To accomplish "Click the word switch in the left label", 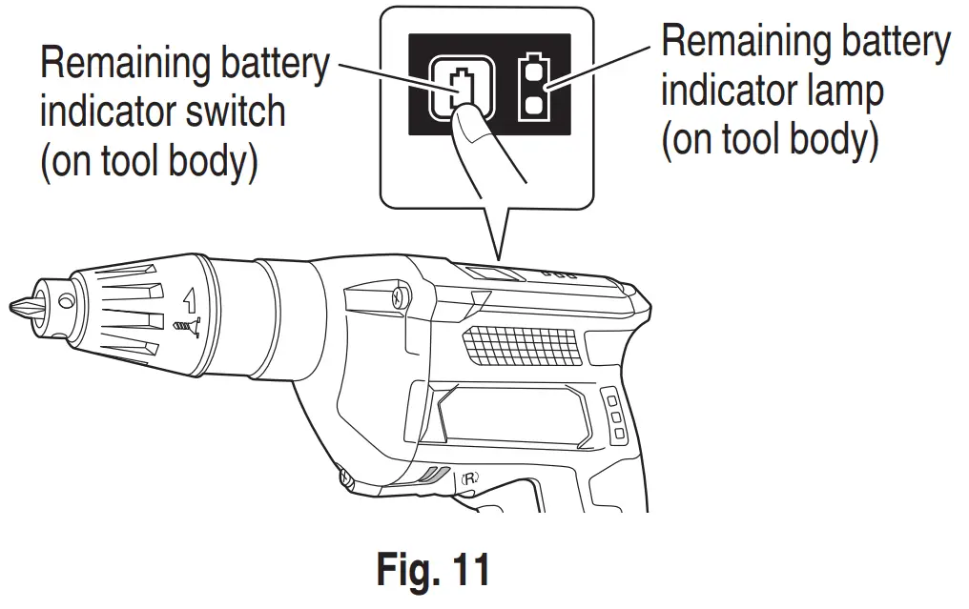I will click(238, 112).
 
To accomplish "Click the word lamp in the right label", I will click(846, 91).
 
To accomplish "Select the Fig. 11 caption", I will click(433, 569).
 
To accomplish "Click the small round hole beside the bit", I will click(65, 300).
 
